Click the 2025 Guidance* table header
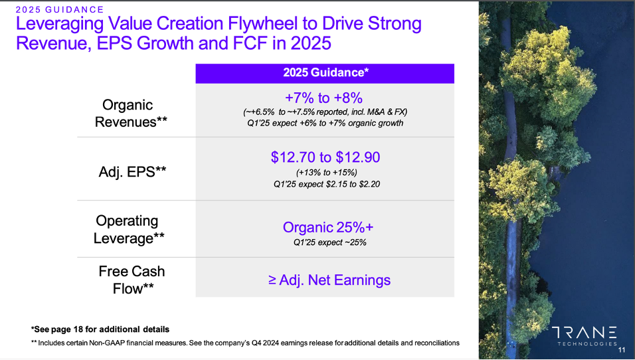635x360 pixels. point(325,72)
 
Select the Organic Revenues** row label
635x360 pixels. point(130,114)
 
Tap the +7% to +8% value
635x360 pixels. point(324,98)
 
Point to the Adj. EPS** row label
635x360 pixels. point(132,172)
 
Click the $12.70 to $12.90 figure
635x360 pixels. point(325,157)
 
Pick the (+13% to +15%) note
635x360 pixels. point(326,173)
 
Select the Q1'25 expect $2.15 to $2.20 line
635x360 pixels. point(326,184)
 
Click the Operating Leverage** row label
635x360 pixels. point(129,229)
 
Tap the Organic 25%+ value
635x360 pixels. point(328,227)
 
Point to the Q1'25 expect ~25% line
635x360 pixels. point(329,242)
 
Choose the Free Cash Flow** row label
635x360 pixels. point(132,280)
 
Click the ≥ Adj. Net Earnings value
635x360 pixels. point(329,280)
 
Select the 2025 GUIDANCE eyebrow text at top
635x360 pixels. point(60,9)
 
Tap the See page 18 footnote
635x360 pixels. point(100,329)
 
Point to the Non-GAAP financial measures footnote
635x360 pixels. point(245,343)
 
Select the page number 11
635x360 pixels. point(622,350)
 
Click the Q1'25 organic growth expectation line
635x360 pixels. point(325,123)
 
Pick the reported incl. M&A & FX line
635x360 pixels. point(325,112)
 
